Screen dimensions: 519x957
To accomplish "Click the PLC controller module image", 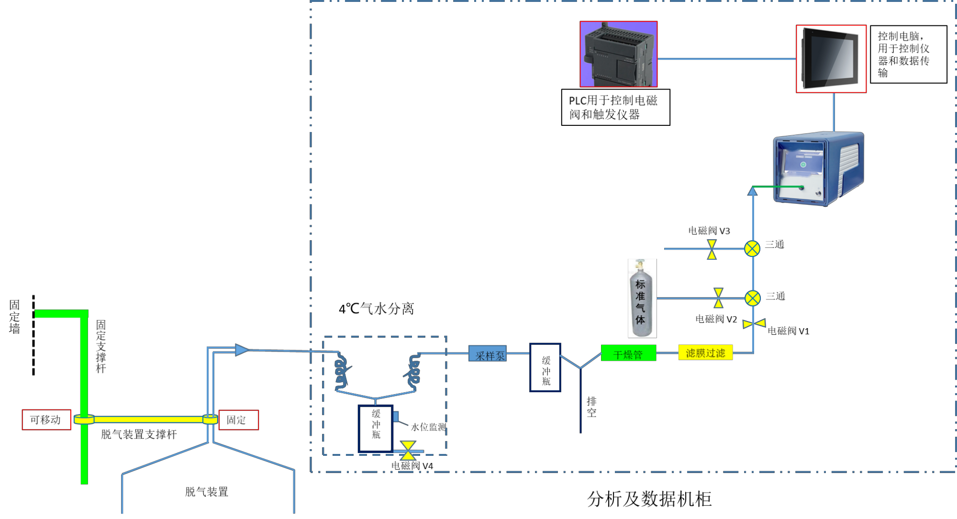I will [x=618, y=54].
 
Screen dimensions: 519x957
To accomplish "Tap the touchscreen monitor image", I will [x=831, y=58].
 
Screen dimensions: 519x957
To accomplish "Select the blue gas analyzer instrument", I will [x=818, y=168].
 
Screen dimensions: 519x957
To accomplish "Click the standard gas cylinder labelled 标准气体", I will [x=642, y=298].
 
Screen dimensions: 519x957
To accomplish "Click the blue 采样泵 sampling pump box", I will [x=487, y=353].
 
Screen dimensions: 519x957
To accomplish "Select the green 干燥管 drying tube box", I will [x=628, y=353].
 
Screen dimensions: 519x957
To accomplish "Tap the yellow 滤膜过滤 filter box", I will [x=705, y=353].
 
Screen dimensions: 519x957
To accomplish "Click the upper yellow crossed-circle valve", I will [x=752, y=249].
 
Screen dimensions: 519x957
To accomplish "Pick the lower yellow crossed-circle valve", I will [x=753, y=298].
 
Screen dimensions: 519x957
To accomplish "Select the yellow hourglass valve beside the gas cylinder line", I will [x=718, y=298].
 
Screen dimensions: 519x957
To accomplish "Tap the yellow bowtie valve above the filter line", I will [x=754, y=324].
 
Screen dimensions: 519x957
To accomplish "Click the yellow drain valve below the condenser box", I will [x=408, y=451].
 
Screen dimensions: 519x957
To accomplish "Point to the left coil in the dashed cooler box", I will [x=341, y=372].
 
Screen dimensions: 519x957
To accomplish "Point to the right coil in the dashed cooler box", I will [x=413, y=372].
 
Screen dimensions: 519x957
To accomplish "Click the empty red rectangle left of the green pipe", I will [x=46, y=420].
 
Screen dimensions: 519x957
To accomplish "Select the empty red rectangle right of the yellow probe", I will [x=239, y=420].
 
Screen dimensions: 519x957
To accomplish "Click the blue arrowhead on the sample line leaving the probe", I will [x=242, y=350].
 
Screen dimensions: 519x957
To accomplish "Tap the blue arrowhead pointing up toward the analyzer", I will [x=753, y=191].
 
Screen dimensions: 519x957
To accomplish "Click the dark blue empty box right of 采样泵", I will [x=545, y=367].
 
